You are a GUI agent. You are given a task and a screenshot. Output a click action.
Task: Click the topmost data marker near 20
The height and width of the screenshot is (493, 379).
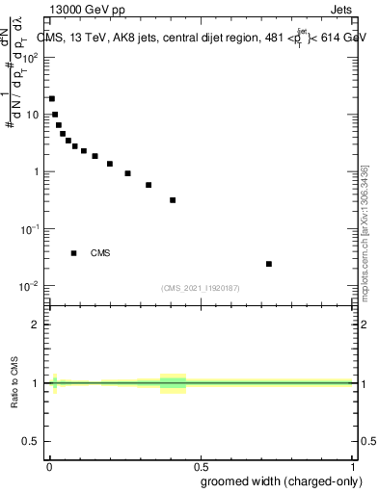point(52,98)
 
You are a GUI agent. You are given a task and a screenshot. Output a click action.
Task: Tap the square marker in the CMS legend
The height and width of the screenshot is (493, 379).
point(74,253)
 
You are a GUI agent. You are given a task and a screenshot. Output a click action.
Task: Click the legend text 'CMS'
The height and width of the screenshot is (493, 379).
point(100,253)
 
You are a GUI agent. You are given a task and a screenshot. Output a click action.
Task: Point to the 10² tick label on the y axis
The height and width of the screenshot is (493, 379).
point(32,57)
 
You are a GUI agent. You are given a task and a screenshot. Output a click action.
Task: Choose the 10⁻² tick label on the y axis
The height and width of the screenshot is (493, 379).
point(32,287)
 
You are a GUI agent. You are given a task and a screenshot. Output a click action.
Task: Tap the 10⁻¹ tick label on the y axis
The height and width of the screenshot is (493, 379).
point(32,229)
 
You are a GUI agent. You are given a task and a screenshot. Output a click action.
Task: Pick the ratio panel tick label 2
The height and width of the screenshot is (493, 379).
point(38,324)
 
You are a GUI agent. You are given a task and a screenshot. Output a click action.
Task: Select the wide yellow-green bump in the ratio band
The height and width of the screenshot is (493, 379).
point(173,383)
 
